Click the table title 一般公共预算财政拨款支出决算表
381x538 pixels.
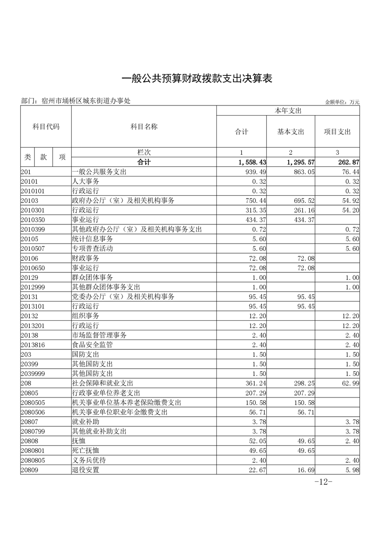197,79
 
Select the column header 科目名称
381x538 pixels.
144,127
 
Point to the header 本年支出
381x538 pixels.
288,111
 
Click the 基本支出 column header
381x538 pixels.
291,132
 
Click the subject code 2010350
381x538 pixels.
33,220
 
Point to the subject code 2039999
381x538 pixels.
33,374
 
